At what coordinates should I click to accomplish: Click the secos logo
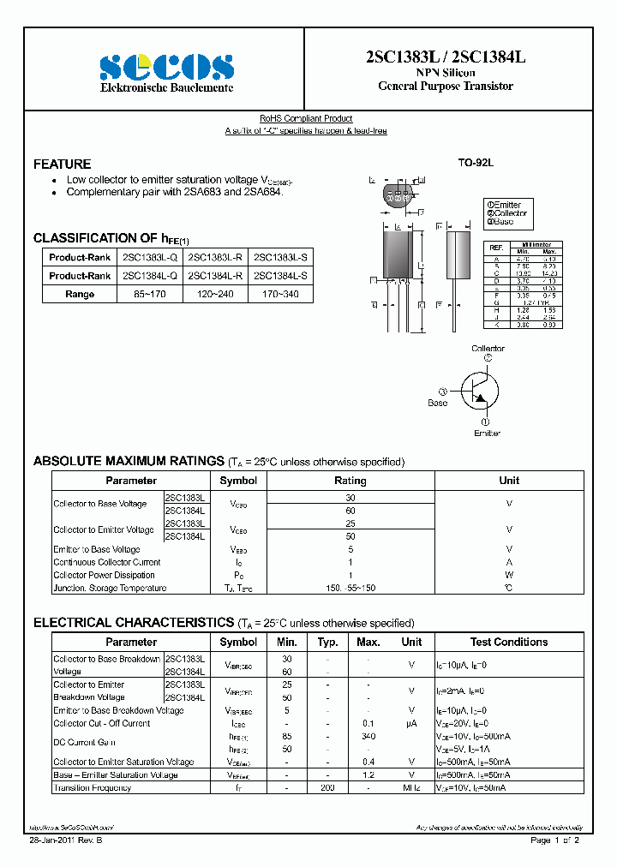point(167,67)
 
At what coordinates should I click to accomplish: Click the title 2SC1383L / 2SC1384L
point(445,57)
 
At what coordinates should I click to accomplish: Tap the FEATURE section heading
point(62,164)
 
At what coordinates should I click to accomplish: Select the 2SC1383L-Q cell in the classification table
point(150,257)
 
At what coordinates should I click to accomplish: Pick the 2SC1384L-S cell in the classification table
point(280,276)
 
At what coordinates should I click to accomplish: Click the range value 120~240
point(215,294)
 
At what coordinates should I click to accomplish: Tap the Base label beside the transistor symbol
point(438,402)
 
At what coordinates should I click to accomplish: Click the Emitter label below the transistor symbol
point(487,433)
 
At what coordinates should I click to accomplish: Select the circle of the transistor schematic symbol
point(482,390)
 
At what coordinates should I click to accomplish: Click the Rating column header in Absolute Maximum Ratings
point(350,481)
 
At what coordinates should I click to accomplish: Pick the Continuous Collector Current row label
point(106,562)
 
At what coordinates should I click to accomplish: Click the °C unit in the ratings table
point(509,588)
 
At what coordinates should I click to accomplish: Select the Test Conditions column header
point(508,642)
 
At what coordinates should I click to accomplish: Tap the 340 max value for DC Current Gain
point(368,736)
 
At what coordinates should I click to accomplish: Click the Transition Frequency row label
point(92,787)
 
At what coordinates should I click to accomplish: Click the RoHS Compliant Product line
point(306,118)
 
